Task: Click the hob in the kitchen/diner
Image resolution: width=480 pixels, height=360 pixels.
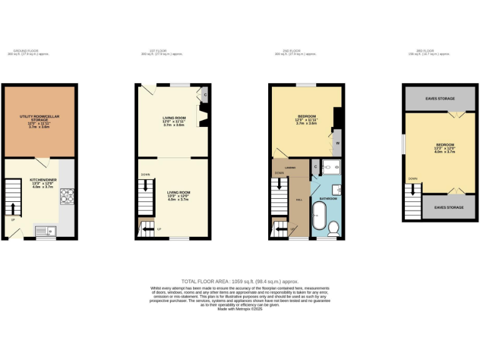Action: point(67,197)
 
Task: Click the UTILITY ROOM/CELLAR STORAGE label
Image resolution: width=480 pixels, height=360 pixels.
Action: point(39,121)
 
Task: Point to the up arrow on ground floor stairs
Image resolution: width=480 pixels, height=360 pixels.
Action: point(12,207)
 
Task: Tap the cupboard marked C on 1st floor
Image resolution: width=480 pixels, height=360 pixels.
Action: point(205,94)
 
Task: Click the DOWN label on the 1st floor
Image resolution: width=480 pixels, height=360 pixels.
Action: point(145,174)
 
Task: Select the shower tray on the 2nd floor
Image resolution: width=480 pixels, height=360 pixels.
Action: point(332,167)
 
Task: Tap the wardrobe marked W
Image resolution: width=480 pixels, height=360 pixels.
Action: point(337,143)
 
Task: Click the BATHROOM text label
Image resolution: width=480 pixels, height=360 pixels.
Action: point(329,199)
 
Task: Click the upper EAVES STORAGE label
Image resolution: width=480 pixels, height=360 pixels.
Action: point(440,99)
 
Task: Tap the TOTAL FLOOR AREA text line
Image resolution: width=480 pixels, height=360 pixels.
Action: point(240,282)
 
